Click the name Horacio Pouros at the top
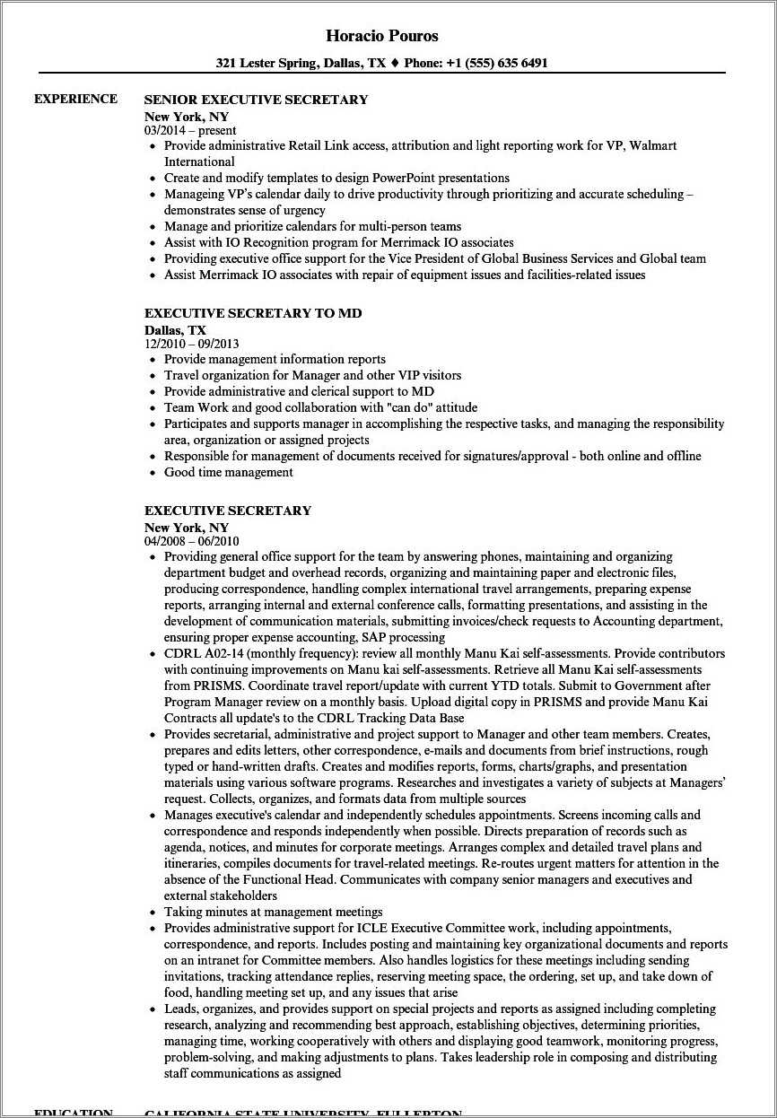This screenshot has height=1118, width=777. tap(382, 36)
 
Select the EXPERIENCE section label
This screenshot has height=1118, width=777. tap(75, 99)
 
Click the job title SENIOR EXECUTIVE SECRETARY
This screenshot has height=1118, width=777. tap(256, 100)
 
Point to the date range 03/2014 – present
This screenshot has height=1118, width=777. tap(190, 130)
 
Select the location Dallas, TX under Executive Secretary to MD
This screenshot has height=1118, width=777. tap(175, 329)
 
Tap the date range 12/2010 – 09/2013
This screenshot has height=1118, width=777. tap(191, 343)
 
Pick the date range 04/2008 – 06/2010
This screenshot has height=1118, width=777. tap(191, 541)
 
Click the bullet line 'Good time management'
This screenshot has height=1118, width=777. tap(228, 472)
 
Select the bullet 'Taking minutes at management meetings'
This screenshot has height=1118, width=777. tap(273, 912)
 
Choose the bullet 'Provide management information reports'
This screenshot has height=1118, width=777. tap(275, 359)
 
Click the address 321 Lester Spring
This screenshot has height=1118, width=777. tap(265, 64)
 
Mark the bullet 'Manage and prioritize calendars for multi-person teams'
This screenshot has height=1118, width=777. tap(312, 226)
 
